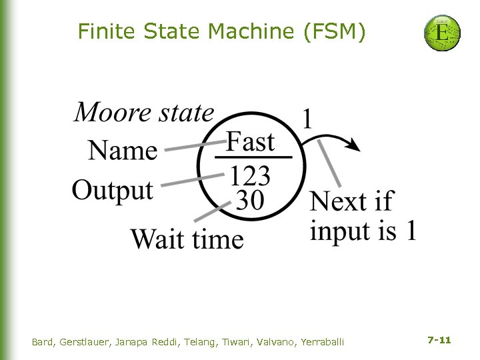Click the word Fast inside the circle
(250, 141)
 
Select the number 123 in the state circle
(251, 177)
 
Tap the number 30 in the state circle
(250, 199)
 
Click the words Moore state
(144, 112)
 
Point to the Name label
(123, 151)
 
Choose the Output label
(113, 189)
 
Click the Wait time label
(187, 238)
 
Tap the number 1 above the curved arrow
(307, 119)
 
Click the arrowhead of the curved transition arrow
(353, 146)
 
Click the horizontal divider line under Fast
(253, 158)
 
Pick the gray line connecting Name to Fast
(193, 147)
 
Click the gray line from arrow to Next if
(329, 163)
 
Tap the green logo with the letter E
(442, 33)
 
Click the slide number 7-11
(439, 340)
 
